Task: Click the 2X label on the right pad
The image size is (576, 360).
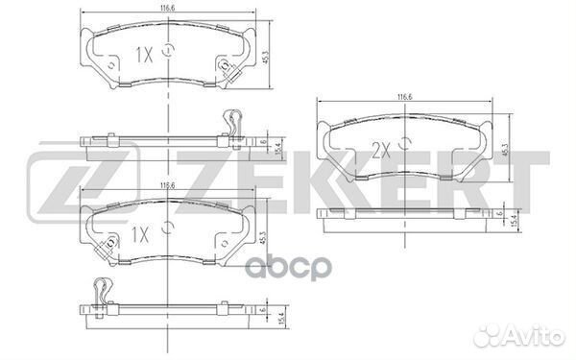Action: click(x=381, y=151)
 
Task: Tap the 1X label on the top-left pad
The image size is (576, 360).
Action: click(x=144, y=56)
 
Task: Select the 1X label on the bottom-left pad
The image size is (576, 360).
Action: click(x=140, y=235)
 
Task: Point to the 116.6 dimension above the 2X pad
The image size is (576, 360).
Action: click(x=404, y=97)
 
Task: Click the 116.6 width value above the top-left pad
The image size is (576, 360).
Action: click(x=167, y=8)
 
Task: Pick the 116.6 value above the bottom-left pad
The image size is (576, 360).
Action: click(x=167, y=186)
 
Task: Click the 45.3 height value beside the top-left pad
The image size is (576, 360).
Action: click(x=266, y=57)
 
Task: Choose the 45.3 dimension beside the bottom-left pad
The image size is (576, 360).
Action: click(x=262, y=238)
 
